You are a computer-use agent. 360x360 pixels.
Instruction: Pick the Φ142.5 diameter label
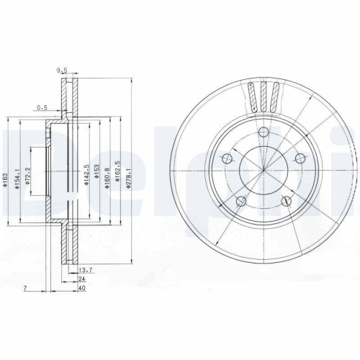86,176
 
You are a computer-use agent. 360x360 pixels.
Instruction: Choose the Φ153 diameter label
97,175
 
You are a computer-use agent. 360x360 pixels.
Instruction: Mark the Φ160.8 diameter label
108,175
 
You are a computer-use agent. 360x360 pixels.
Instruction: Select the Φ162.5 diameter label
118,175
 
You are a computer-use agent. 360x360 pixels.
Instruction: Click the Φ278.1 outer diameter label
129,175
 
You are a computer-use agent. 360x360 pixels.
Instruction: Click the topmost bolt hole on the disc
264,131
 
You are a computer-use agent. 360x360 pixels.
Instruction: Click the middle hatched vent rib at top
264,95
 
